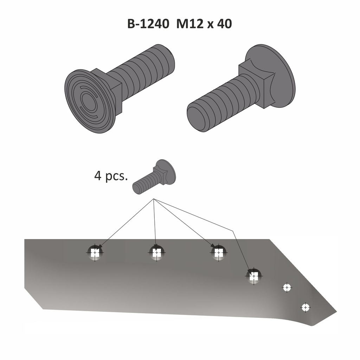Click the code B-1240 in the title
(148, 24)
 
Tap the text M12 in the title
(190, 24)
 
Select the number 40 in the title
(224, 24)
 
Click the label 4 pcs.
(111, 176)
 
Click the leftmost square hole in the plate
(95, 253)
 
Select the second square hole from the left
(156, 253)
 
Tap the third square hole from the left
(218, 253)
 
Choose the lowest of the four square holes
(254, 276)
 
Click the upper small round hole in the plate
(287, 288)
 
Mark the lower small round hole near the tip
(306, 307)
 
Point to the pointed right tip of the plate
(336, 311)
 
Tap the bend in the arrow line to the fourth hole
(233, 231)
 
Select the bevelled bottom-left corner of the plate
(34, 298)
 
